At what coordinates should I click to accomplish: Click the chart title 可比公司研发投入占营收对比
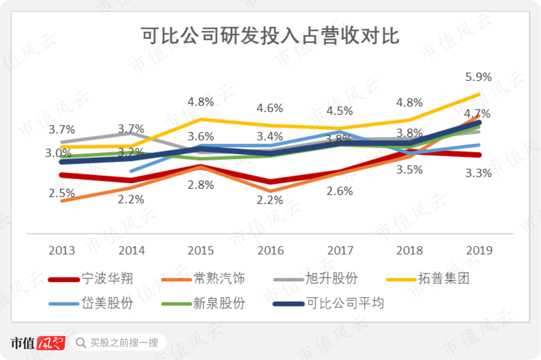coord(270,35)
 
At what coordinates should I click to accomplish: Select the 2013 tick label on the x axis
coord(62,250)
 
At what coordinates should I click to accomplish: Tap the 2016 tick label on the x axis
coord(270,250)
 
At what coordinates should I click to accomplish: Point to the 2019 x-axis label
coord(479,250)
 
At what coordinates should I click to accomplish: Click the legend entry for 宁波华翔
coord(90,278)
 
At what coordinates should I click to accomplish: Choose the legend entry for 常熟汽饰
coord(203,278)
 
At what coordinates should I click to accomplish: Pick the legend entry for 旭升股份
coord(315,278)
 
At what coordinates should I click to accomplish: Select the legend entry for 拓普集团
coord(428,278)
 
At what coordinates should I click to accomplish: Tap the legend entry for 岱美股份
coord(90,303)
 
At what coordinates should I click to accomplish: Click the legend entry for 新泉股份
coord(203,303)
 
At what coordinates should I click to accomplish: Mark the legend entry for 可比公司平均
coord(328,303)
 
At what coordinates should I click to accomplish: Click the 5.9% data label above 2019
coord(478,77)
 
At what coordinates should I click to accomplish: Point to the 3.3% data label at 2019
coord(478,173)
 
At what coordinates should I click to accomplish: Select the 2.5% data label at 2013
coord(62,193)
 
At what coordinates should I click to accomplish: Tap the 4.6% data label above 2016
coord(270,108)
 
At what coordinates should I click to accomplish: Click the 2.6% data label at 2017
coord(340,191)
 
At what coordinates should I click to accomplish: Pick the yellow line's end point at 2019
coord(478,94)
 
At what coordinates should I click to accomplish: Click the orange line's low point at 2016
coord(270,191)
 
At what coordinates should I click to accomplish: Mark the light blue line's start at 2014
coord(131,171)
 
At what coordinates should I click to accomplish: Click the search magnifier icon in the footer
coord(81,343)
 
